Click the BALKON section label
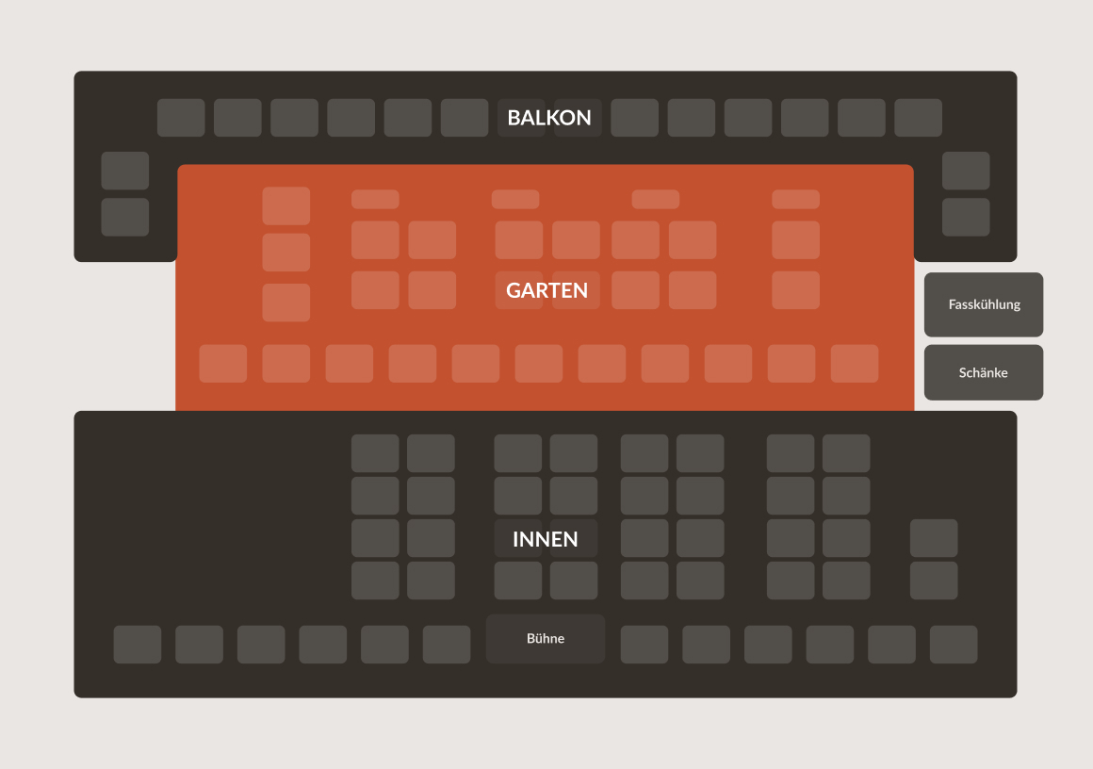coord(548,118)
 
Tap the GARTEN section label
coord(546,290)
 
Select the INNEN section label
coord(545,539)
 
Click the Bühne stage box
coord(546,639)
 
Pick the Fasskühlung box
coord(984,304)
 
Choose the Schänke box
coord(984,372)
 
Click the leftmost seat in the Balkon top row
coord(181,118)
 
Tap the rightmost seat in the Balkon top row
coord(918,118)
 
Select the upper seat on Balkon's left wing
coord(125,171)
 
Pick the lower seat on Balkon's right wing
coord(966,217)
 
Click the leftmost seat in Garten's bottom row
coord(223,364)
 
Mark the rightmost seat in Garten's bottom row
coord(855,364)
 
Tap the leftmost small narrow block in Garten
coord(375,200)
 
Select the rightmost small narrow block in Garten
coord(795,200)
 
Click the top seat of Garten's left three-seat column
coord(286,205)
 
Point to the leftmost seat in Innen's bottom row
coord(138,645)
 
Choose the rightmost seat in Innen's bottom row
coord(954,645)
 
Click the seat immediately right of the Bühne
coord(644,645)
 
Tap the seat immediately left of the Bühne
coord(447,645)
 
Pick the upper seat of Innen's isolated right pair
coord(934,538)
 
